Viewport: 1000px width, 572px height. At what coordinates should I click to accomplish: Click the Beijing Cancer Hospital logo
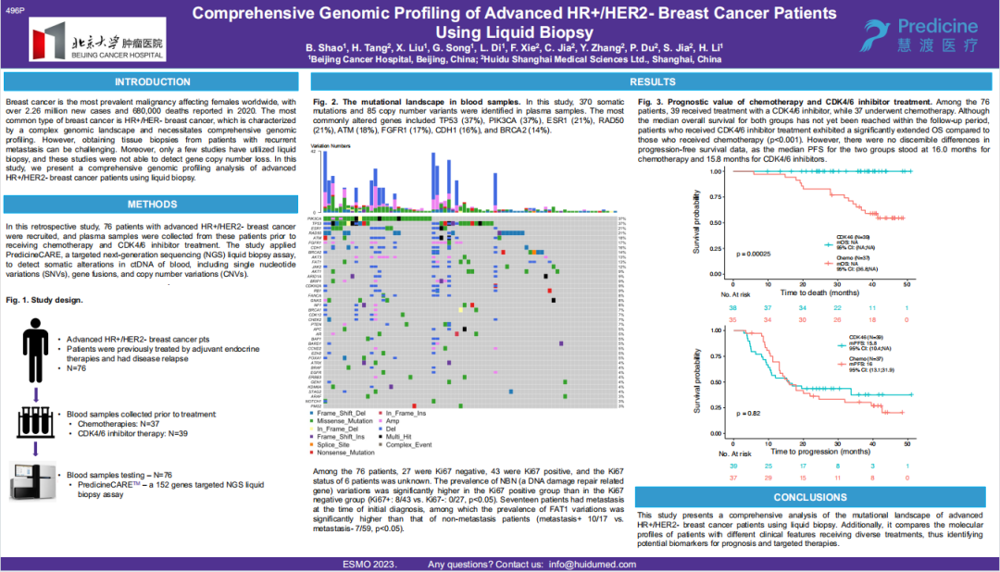coord(96,39)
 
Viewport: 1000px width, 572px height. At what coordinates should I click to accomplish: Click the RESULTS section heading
coord(645,82)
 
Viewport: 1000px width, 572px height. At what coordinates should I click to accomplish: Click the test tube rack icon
coord(34,423)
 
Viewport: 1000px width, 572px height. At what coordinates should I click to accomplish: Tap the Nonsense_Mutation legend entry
coord(344,453)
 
